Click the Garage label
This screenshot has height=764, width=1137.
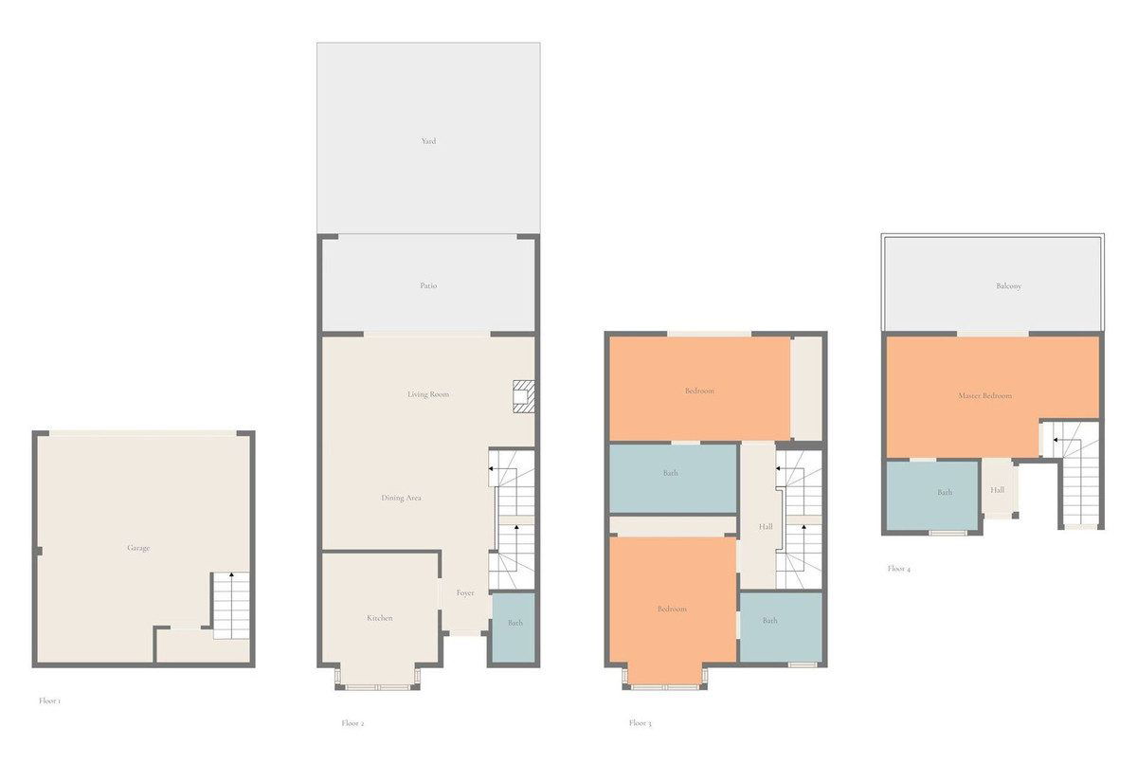click(138, 548)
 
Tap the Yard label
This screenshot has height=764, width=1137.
click(428, 141)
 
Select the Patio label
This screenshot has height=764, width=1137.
click(428, 286)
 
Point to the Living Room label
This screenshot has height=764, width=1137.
click(428, 394)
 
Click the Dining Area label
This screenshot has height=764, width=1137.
click(401, 498)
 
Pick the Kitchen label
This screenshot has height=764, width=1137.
click(380, 618)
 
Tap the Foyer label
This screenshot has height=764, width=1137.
click(465, 593)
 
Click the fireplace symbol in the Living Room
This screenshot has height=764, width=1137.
click(523, 396)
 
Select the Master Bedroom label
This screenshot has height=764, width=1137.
click(984, 395)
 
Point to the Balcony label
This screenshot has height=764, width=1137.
click(1008, 286)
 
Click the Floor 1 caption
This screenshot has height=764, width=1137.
click(49, 701)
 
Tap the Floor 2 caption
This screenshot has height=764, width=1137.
click(352, 723)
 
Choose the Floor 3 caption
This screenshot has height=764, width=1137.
click(641, 723)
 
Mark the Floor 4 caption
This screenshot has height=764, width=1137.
click(899, 569)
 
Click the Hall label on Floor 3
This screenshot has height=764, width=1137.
click(766, 527)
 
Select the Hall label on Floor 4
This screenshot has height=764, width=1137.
click(997, 490)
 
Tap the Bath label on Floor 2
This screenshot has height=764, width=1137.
click(514, 623)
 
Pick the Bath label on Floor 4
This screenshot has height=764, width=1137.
click(945, 492)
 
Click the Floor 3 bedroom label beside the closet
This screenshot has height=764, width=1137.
click(699, 391)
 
